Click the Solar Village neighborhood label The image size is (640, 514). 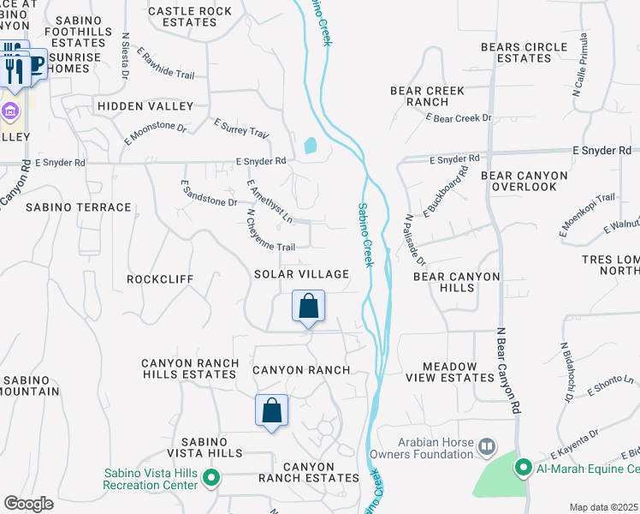(301, 274)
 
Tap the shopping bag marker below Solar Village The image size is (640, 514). (308, 306)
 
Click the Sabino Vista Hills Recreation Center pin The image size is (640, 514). (211, 478)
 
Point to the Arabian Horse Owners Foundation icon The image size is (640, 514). (487, 446)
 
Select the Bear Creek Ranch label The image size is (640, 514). (419, 95)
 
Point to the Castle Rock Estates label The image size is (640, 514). (190, 17)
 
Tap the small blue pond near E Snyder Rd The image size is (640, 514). (310, 146)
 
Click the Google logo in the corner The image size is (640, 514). (28, 504)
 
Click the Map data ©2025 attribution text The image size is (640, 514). (603, 507)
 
